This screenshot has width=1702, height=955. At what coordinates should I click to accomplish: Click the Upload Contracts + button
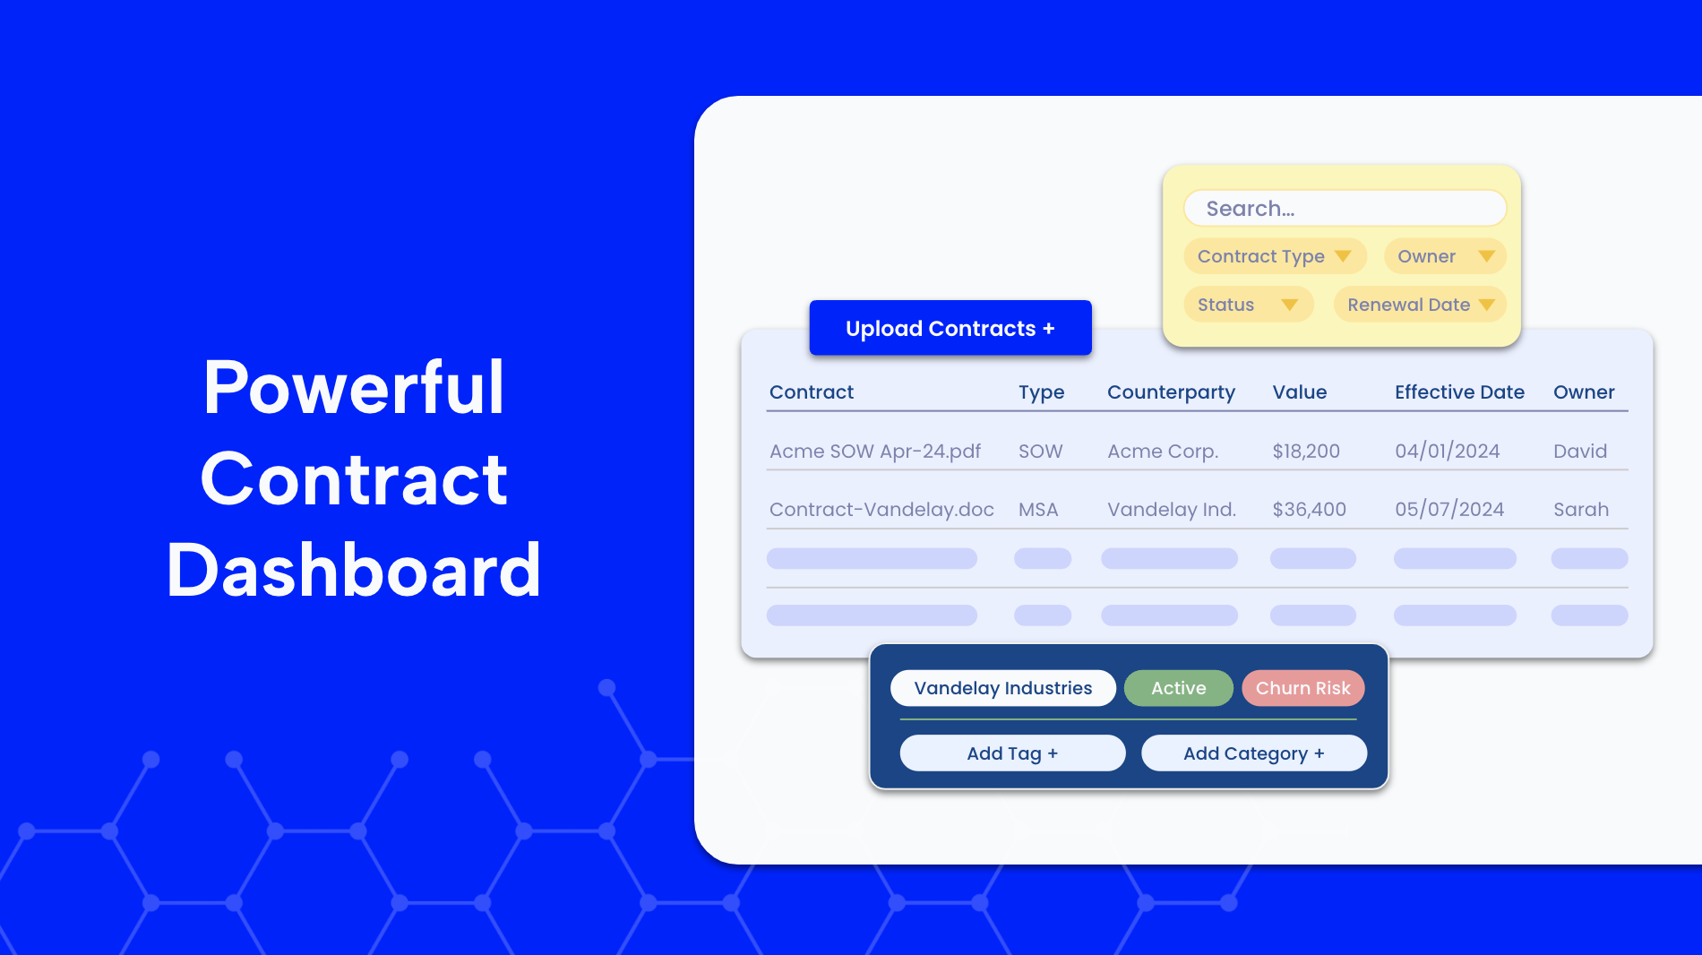pos(950,328)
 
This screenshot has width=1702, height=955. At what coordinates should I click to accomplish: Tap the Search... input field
pos(1345,208)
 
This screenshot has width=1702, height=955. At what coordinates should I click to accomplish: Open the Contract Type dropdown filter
pos(1275,256)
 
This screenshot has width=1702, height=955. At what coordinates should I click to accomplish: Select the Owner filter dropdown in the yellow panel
pos(1445,256)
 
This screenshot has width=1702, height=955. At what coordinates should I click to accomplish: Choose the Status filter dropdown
pos(1249,305)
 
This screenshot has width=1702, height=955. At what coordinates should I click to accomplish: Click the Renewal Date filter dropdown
pos(1420,305)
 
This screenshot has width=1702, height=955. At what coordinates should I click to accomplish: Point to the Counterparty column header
pos(1171,392)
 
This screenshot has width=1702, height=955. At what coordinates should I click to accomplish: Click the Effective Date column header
pos(1459,391)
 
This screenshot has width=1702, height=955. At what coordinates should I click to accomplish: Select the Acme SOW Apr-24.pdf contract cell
pos(875,452)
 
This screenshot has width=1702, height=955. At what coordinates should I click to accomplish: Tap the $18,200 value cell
pos(1306,451)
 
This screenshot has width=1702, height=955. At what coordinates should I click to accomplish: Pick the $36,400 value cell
pos(1309,509)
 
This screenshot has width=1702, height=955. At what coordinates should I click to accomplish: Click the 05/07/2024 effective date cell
pos(1449,509)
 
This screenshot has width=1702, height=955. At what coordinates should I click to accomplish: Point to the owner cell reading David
pos(1580,451)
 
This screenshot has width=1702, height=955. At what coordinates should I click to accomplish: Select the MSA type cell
pos(1038,509)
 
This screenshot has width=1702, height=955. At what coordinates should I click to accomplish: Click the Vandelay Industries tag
pos(1003,688)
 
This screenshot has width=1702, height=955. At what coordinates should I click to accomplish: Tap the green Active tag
pos(1179,688)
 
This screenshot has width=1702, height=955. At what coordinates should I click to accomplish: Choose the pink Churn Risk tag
pos(1303,688)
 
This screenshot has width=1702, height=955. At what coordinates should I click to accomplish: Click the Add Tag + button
pos(1012,753)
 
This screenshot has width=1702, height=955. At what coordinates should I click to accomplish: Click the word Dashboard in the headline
pos(354,570)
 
